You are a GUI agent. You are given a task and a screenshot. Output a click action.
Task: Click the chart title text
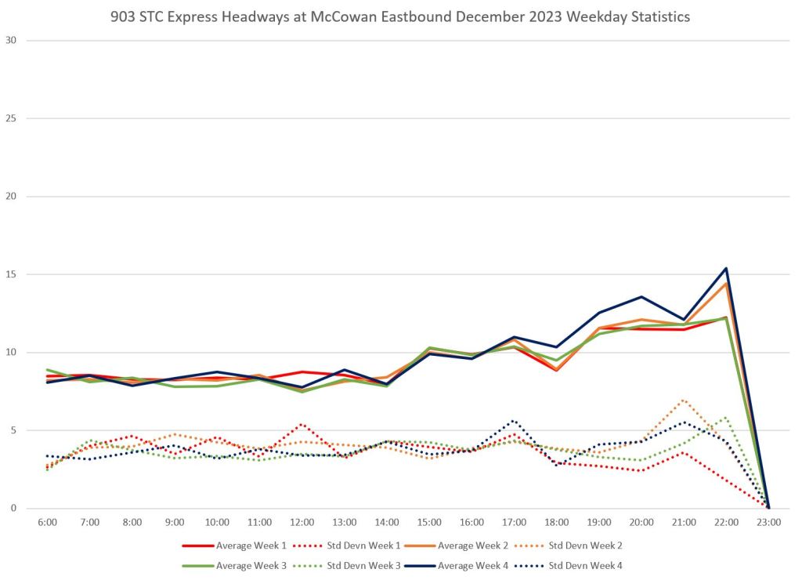point(400,16)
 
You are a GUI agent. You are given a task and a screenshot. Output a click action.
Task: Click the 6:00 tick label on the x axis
point(47,522)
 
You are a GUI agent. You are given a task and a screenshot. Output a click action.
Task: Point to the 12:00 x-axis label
point(302,522)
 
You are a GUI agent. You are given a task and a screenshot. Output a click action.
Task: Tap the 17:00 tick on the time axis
point(514,522)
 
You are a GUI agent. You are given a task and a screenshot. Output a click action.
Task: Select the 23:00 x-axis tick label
point(768,522)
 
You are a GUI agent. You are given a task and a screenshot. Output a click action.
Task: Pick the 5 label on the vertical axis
point(13,430)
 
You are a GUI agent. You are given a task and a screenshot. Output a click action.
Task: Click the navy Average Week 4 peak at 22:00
point(726,268)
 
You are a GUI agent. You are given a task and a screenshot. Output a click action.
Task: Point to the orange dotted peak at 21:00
point(684,400)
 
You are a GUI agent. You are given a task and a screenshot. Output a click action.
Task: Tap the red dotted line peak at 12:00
point(302,424)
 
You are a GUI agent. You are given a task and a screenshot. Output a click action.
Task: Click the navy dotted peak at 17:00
point(514,420)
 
